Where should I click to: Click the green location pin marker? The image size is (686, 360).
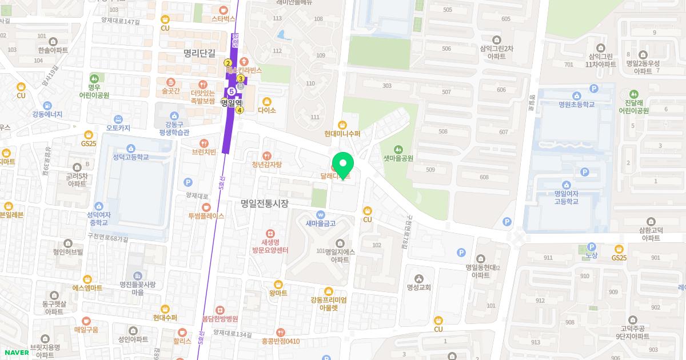[x=343, y=165]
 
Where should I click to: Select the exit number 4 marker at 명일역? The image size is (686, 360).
[x=240, y=110]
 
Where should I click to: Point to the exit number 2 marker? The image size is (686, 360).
[x=228, y=63]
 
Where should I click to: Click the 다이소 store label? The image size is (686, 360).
[x=267, y=110]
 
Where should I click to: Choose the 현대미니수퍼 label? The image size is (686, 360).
[x=342, y=134]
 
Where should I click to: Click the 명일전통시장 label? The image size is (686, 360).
[x=265, y=203]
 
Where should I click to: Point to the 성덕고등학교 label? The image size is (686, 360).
[x=130, y=157]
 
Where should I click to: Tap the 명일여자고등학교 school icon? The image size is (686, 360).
[x=566, y=185]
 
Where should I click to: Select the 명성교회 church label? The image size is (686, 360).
[x=419, y=287]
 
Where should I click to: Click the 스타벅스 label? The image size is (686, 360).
[x=224, y=18]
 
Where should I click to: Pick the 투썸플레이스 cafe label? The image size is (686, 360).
[x=206, y=216]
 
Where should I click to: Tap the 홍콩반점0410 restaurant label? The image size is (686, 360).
[x=280, y=341]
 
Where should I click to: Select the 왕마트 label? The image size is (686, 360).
[x=278, y=293]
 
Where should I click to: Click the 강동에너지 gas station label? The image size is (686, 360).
[x=47, y=114]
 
